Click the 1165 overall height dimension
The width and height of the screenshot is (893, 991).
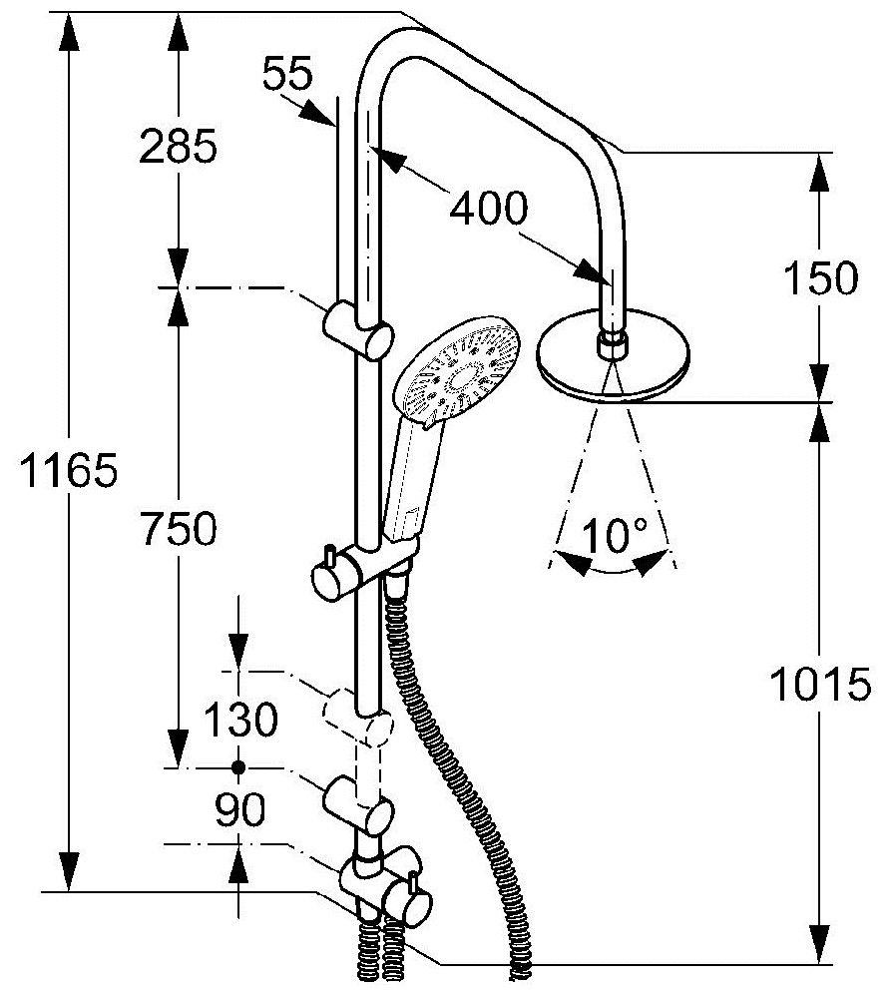[69, 470]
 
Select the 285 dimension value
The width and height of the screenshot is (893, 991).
[179, 146]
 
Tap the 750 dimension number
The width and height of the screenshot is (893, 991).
[179, 528]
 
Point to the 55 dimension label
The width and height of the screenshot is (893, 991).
[287, 73]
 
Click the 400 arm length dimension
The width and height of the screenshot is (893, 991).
[488, 208]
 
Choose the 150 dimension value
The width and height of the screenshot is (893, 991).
[820, 277]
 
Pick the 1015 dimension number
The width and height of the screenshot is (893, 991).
[820, 684]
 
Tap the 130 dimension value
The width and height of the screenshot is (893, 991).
[240, 719]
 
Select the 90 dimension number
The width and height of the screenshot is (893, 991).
[240, 809]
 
